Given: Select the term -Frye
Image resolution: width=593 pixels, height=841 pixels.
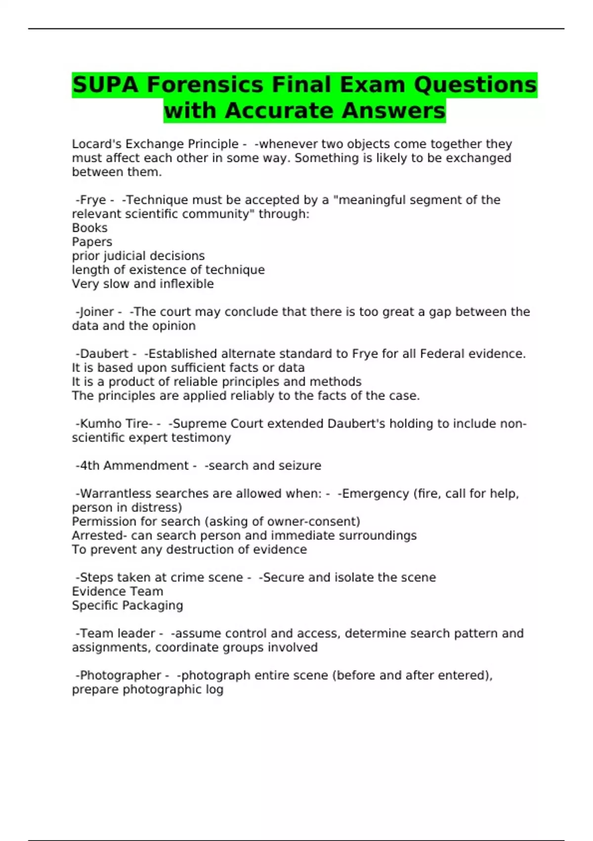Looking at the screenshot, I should tap(91, 200).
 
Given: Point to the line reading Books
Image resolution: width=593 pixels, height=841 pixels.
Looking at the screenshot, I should tap(89, 228).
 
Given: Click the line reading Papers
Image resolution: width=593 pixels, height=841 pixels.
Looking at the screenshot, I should tap(92, 242).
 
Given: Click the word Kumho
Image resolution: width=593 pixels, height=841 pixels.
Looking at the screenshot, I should tap(102, 424).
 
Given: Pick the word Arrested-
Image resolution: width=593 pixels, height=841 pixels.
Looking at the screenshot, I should tap(99, 536).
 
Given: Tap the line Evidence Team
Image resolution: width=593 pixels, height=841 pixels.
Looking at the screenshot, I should tap(117, 592).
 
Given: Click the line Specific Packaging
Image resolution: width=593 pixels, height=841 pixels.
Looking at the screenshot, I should tap(127, 606).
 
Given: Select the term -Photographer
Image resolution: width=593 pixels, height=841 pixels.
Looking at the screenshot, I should tap(118, 675).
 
